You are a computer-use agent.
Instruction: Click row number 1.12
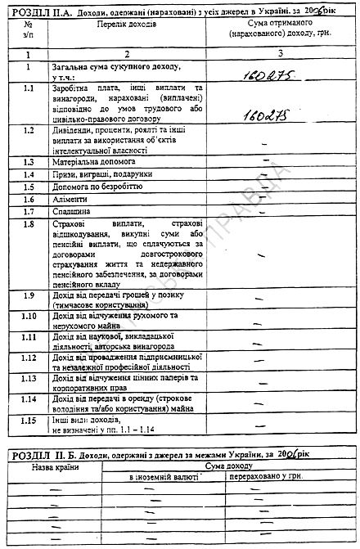29,358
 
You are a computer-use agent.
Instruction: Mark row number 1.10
29,316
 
